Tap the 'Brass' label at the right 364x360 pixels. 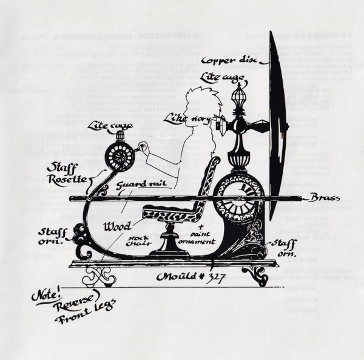(x=323, y=198)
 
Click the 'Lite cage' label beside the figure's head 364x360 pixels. (x=219, y=78)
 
